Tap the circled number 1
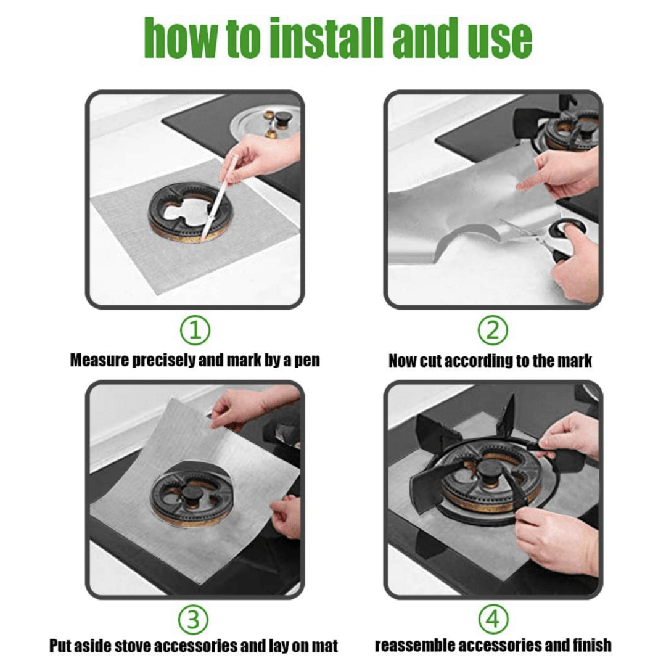(195, 331)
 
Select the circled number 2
(492, 331)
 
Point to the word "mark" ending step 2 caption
(573, 361)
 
